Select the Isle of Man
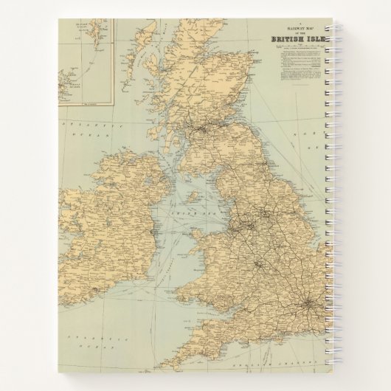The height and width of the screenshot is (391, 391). pyautogui.click(x=193, y=198)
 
